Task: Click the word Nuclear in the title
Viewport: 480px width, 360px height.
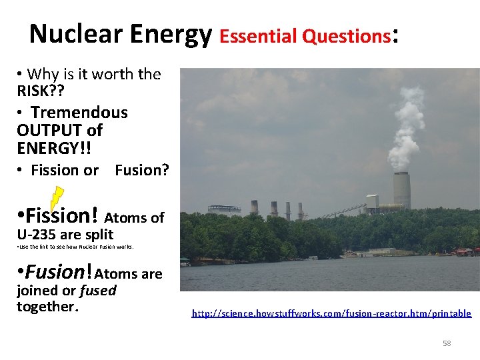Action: (x=71, y=33)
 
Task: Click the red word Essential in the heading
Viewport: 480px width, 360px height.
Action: (x=257, y=36)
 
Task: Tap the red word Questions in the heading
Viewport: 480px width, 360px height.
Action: (x=346, y=36)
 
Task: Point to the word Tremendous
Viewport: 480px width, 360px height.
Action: (x=79, y=113)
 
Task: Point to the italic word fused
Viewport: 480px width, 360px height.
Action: (x=98, y=291)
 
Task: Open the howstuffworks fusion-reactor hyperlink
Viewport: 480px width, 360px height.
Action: (x=331, y=313)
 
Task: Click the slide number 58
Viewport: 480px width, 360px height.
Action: (x=447, y=343)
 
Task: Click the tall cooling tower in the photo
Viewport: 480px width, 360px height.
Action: (x=401, y=191)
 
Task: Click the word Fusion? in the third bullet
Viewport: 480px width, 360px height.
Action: (x=142, y=171)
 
